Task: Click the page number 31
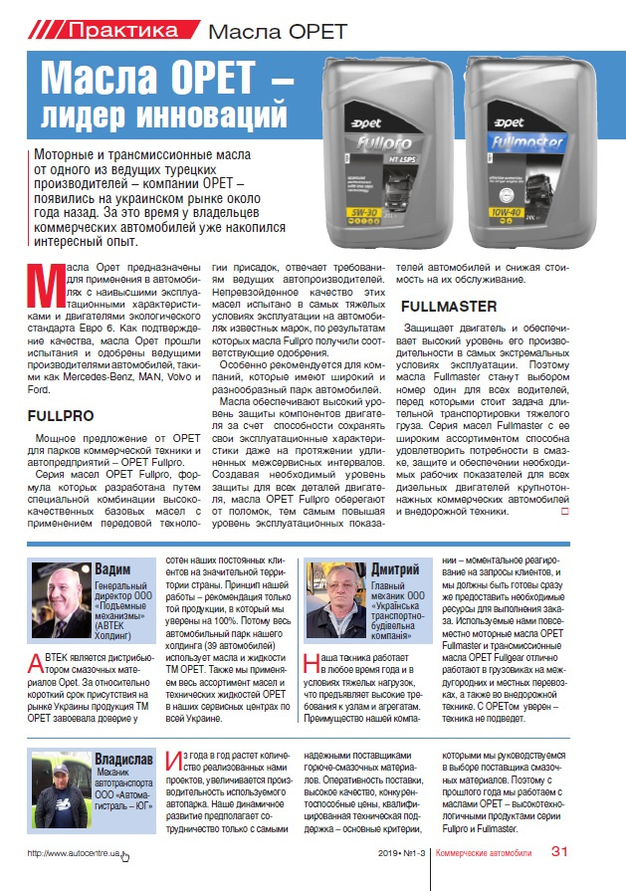point(558,852)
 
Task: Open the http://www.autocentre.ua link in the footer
point(78,854)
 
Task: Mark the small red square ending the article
point(565,512)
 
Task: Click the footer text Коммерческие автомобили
point(483,853)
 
